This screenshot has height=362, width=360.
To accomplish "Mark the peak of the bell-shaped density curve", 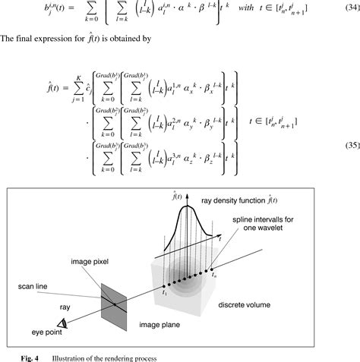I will pyautogui.click(x=185, y=206).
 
